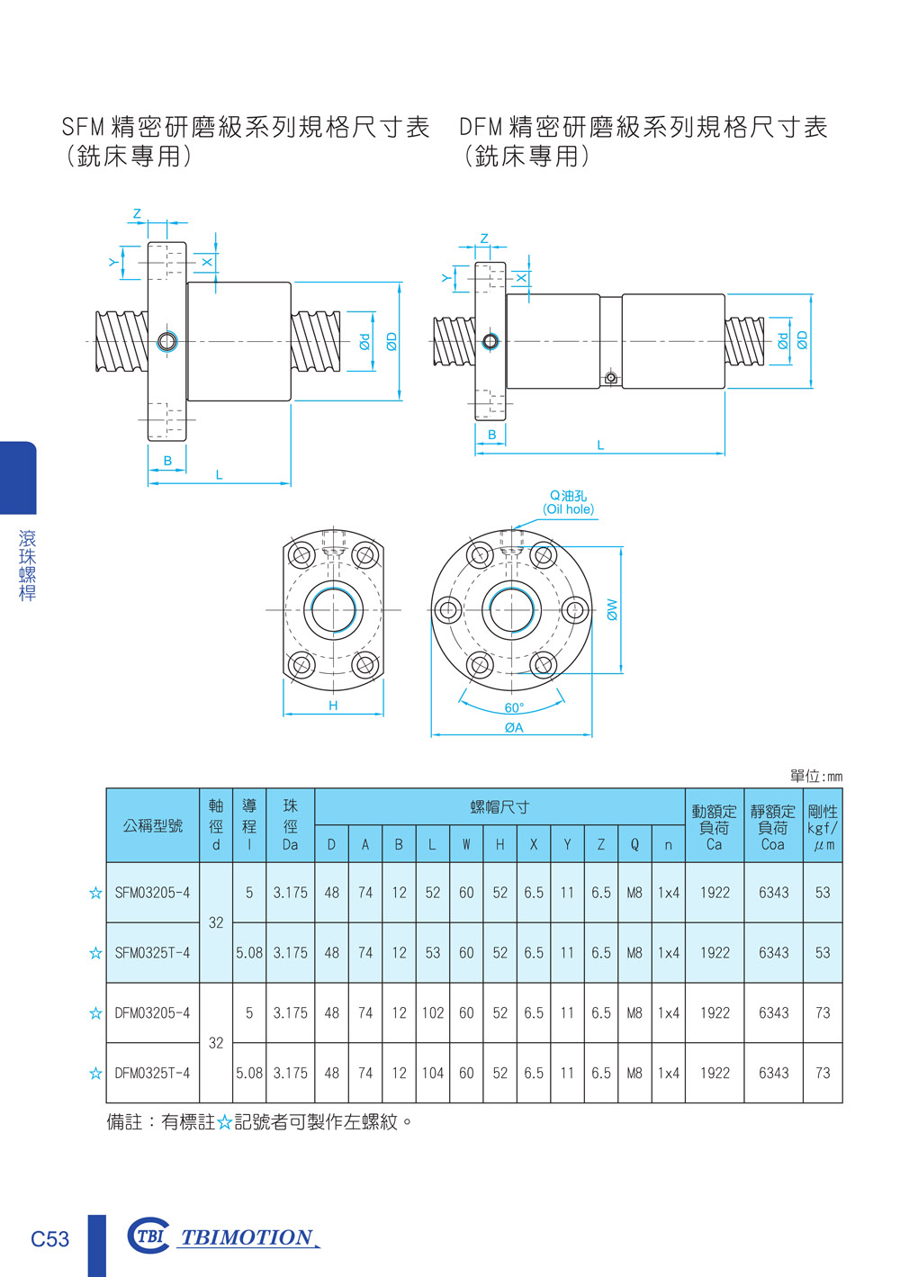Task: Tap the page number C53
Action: pyautogui.click(x=49, y=1239)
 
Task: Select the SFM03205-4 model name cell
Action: pyautogui.click(x=152, y=893)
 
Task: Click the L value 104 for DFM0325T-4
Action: pyautogui.click(x=432, y=1073)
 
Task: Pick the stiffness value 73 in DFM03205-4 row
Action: pyautogui.click(x=822, y=1012)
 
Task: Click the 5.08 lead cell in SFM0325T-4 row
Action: pyautogui.click(x=249, y=952)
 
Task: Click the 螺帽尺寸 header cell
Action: pyautogui.click(x=499, y=807)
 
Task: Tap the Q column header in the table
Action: pyautogui.click(x=634, y=845)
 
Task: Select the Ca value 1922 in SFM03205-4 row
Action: pyautogui.click(x=715, y=893)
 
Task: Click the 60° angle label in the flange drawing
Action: pyautogui.click(x=513, y=707)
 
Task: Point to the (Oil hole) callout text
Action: pyautogui.click(x=568, y=509)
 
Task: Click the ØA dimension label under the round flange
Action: pyautogui.click(x=513, y=727)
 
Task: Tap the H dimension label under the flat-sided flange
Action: pyautogui.click(x=333, y=706)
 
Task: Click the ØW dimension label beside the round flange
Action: pyautogui.click(x=612, y=609)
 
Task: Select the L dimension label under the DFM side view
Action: pyautogui.click(x=600, y=445)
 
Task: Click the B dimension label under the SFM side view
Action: pyautogui.click(x=167, y=461)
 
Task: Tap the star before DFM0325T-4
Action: pyautogui.click(x=95, y=1073)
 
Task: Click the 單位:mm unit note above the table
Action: pyautogui.click(x=815, y=776)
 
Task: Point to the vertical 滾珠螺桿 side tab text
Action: pyautogui.click(x=27, y=565)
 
